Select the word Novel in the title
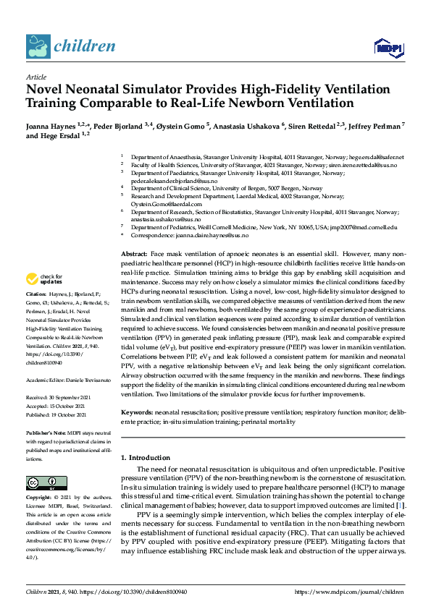coord(46,90)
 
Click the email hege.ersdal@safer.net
coord(377,157)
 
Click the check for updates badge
coord(45,279)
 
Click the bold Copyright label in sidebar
coord(38,498)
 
